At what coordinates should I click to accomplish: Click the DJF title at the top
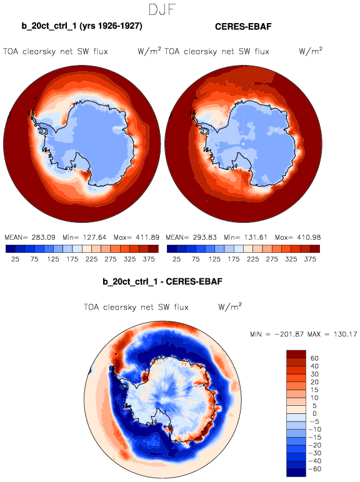tap(162, 9)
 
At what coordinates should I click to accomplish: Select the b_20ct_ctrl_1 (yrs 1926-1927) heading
tap(82, 26)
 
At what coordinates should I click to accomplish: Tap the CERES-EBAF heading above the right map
tap(243, 27)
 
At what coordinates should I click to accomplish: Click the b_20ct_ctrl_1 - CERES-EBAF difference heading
tap(162, 282)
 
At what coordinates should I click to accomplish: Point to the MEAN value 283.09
tap(43, 237)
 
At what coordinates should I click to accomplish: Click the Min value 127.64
tap(94, 237)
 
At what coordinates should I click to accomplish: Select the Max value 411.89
tap(147, 237)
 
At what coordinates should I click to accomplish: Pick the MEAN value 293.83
tap(204, 237)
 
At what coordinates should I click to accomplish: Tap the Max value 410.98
tap(309, 237)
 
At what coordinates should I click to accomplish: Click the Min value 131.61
tap(256, 237)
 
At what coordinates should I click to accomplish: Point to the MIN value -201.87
tap(289, 334)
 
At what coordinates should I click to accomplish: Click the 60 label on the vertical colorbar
tap(314, 358)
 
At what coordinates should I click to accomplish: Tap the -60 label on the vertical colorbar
tap(314, 469)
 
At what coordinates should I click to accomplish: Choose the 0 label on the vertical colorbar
tap(314, 413)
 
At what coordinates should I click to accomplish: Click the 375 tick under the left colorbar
tap(149, 259)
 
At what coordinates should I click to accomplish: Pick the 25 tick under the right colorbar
tap(177, 259)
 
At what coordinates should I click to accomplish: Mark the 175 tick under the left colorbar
tap(72, 259)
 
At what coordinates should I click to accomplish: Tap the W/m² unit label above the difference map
tap(230, 307)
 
